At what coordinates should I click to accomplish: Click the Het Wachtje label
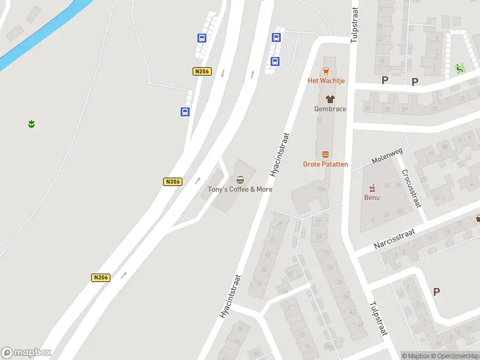(x=326, y=80)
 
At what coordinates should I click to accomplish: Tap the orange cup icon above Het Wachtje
(x=326, y=70)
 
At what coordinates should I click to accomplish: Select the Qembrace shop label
(x=330, y=109)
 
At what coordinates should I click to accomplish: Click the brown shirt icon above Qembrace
(x=329, y=99)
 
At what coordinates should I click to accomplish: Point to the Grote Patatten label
(x=325, y=164)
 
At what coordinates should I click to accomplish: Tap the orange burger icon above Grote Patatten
(x=325, y=154)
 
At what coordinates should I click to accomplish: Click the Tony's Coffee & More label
(x=240, y=189)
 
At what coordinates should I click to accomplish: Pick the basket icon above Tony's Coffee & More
(x=241, y=179)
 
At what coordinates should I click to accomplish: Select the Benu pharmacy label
(x=372, y=197)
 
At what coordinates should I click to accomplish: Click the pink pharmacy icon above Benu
(x=372, y=187)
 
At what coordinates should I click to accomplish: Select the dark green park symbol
(x=31, y=124)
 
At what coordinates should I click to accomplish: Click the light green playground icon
(x=460, y=67)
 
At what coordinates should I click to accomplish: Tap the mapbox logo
(x=26, y=353)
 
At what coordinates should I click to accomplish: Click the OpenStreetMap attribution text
(x=455, y=356)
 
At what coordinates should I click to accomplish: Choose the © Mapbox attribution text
(x=417, y=356)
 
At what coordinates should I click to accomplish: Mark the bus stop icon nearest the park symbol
(x=185, y=112)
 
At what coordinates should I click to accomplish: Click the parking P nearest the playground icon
(x=415, y=82)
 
